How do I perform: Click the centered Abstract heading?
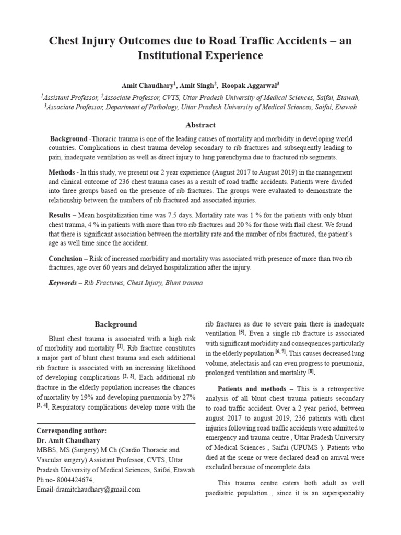(200, 125)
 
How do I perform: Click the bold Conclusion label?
(65, 258)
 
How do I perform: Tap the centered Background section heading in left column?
(115, 324)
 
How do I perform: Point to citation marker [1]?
(120, 347)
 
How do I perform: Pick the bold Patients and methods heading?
(252, 389)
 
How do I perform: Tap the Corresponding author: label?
(71, 431)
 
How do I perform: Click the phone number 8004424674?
(73, 480)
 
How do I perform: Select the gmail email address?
(88, 490)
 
